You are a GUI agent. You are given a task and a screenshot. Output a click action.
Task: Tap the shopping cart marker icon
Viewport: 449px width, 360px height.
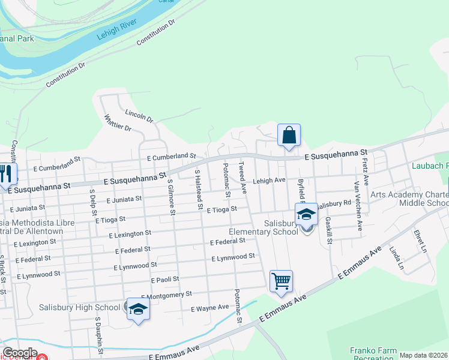[281, 281]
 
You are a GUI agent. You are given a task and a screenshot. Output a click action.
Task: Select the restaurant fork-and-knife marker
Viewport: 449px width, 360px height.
[5, 174]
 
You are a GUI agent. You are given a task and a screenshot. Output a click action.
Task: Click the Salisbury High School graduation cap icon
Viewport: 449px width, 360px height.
[138, 310]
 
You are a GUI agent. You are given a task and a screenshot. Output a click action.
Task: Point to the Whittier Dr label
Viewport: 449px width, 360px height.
[118, 122]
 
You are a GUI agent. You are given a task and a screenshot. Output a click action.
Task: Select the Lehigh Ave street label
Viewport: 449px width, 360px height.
[268, 180]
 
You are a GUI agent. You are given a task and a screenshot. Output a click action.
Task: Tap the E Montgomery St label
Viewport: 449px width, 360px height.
[166, 295]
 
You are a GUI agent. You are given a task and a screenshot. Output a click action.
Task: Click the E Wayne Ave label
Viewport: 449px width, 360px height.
[209, 308]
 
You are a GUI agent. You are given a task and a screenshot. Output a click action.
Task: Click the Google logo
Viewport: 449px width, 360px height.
[20, 353]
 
